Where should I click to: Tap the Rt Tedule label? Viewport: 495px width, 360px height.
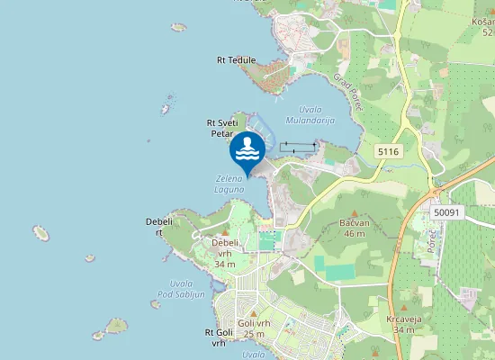pyautogui.click(x=236, y=60)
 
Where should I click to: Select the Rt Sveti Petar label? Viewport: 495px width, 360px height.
pyautogui.click(x=221, y=128)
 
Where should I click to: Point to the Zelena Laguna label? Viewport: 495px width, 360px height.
pyautogui.click(x=229, y=184)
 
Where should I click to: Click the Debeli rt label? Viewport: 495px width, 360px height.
pyautogui.click(x=158, y=226)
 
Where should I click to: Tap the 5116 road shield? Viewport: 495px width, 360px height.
pyautogui.click(x=388, y=152)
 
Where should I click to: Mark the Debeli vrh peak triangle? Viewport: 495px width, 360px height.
pyautogui.click(x=225, y=232)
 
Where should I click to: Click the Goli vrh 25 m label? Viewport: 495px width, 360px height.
pyautogui.click(x=254, y=328)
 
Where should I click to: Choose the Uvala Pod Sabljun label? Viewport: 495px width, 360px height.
pyautogui.click(x=181, y=289)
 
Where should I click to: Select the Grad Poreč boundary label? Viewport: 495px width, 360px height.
pyautogui.click(x=347, y=92)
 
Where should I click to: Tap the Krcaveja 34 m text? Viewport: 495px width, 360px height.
pyautogui.click(x=396, y=324)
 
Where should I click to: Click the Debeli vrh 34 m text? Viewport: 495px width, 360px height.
pyautogui.click(x=225, y=253)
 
